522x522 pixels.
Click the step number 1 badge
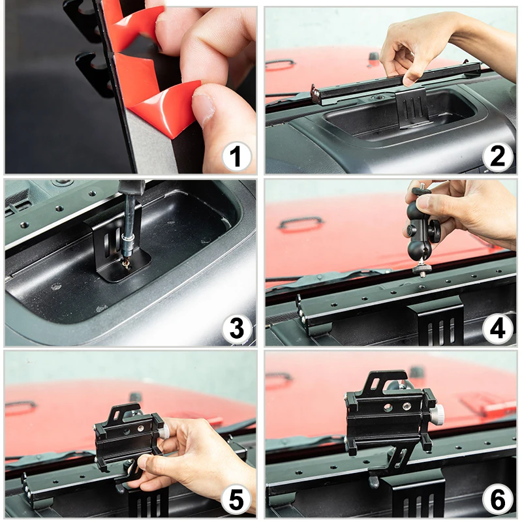[x=236, y=157]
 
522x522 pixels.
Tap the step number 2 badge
[x=497, y=157]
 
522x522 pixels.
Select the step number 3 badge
[x=236, y=329]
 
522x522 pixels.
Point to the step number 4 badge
[x=497, y=329]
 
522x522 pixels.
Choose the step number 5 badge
[x=236, y=500]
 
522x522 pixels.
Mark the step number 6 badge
[x=497, y=500]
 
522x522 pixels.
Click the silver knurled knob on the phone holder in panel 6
[x=437, y=414]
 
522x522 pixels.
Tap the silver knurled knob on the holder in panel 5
[x=164, y=432]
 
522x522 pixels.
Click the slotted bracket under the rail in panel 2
[x=412, y=108]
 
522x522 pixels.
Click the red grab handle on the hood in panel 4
[x=301, y=223]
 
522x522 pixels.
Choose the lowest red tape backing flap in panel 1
[x=166, y=108]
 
